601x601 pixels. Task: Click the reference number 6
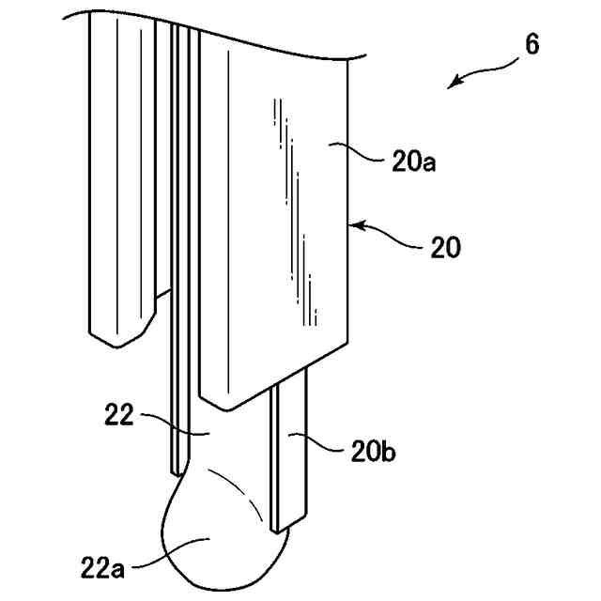pyautogui.click(x=532, y=46)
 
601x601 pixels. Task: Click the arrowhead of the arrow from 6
pyautogui.click(x=453, y=84)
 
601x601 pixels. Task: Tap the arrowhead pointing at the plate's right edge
pyautogui.click(x=358, y=224)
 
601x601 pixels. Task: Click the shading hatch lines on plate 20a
pyautogui.click(x=297, y=207)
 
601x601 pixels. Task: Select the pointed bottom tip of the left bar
pyautogui.click(x=115, y=344)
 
